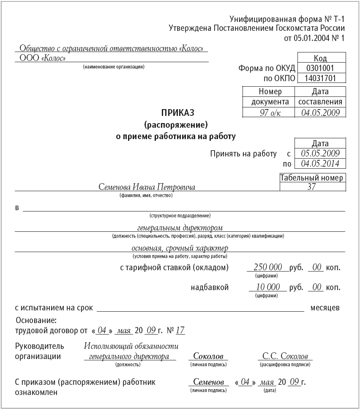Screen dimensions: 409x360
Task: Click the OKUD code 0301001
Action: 321,68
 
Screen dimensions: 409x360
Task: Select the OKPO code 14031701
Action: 321,78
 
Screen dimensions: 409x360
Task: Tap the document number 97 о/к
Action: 268,113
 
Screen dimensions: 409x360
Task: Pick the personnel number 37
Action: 312,187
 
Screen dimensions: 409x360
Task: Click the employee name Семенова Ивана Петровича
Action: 147,187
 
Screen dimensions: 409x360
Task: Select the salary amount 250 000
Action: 267,268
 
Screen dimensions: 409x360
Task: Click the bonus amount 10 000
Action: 268,287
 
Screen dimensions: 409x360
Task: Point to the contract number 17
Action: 180,330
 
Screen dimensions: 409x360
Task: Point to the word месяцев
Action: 325,308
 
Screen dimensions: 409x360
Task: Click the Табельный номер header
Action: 312,178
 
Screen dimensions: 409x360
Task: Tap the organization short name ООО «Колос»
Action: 43,58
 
